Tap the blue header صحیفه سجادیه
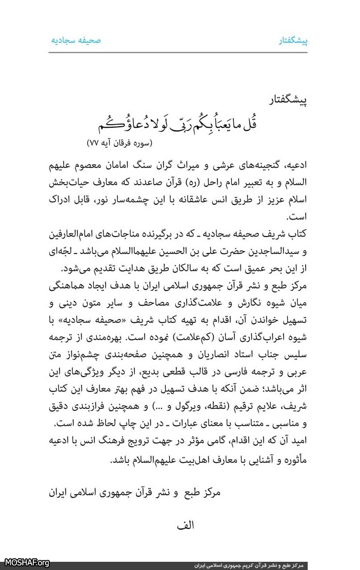pyautogui.click(x=76, y=40)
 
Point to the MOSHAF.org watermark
pyautogui.click(x=25, y=563)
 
